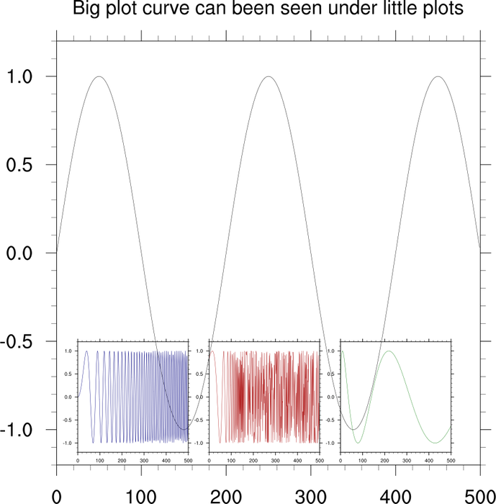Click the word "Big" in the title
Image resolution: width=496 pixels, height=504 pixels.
tap(87, 10)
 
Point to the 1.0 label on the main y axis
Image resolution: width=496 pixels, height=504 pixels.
tap(22, 76)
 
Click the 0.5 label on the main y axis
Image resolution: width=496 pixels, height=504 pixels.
tap(22, 165)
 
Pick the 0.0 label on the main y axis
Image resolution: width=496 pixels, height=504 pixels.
tap(22, 253)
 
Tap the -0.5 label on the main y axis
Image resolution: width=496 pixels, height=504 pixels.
tap(19, 341)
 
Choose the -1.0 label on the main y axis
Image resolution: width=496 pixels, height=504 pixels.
tap(19, 430)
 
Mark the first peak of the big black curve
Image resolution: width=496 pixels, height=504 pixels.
tap(99, 76)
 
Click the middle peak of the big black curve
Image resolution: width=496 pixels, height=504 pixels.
tap(268, 76)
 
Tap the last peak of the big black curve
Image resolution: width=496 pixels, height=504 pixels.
tap(438, 76)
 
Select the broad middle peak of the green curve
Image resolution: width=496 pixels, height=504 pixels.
tap(389, 351)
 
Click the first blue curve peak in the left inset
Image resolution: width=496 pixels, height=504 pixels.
tap(86, 351)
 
